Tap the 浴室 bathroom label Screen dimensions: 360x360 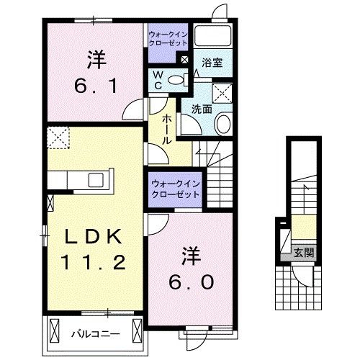[x=212, y=63]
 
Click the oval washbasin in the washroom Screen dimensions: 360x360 [x=222, y=124]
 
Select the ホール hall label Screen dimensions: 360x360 [x=166, y=130]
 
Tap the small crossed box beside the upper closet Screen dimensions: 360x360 [x=185, y=60]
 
